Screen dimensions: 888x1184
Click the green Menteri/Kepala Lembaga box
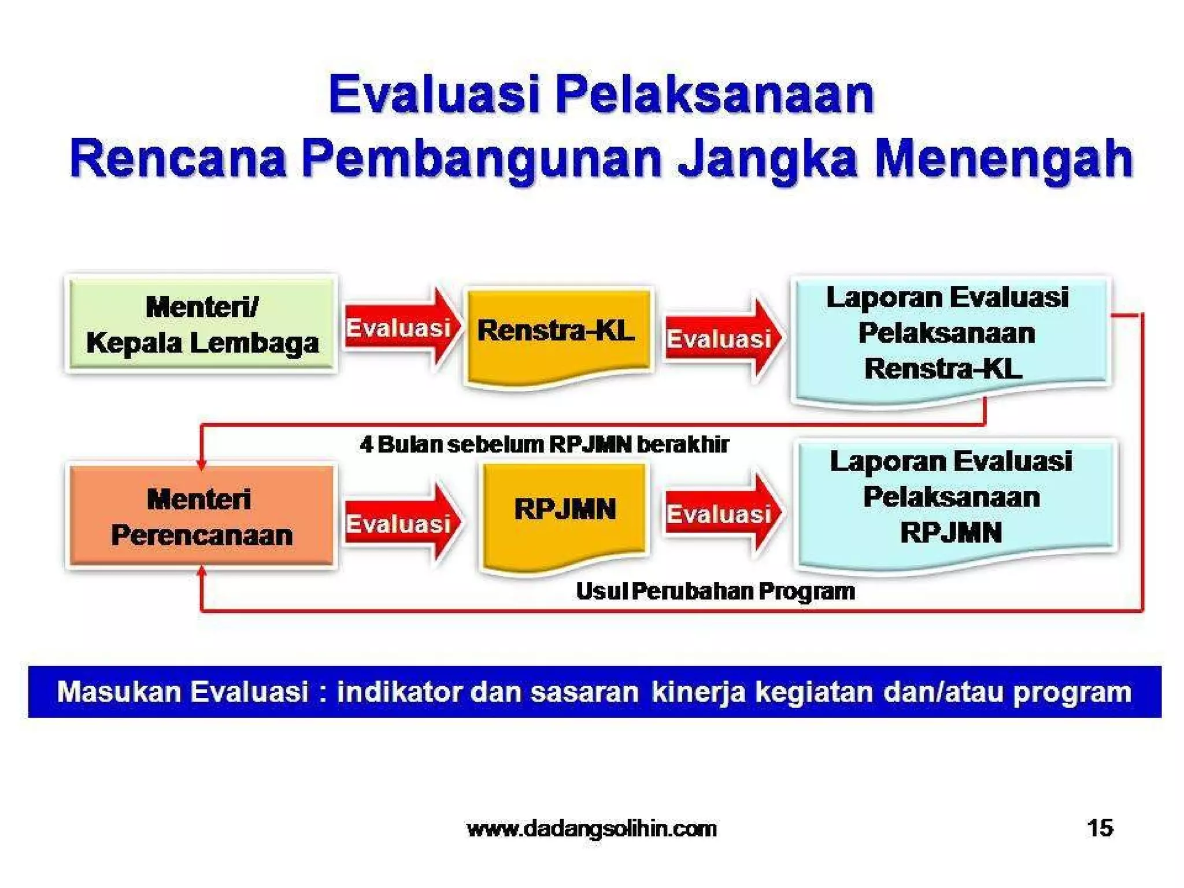point(201,324)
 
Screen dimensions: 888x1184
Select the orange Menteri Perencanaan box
point(201,516)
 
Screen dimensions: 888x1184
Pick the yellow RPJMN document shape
point(564,512)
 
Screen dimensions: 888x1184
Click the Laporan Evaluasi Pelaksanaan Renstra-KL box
point(948,335)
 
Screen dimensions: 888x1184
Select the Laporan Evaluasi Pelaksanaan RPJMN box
point(954,500)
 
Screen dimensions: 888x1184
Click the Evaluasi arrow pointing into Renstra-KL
point(401,328)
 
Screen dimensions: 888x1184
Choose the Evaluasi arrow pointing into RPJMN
point(401,523)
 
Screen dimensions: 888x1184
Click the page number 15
point(1100,828)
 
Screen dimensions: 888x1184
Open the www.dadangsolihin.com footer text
point(591,829)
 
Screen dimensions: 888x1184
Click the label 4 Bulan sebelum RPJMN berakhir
point(543,445)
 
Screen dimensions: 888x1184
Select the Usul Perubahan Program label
point(715,591)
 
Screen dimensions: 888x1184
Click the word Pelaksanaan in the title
point(714,95)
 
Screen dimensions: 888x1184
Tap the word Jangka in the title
point(767,159)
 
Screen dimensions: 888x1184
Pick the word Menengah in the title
point(1003,159)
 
